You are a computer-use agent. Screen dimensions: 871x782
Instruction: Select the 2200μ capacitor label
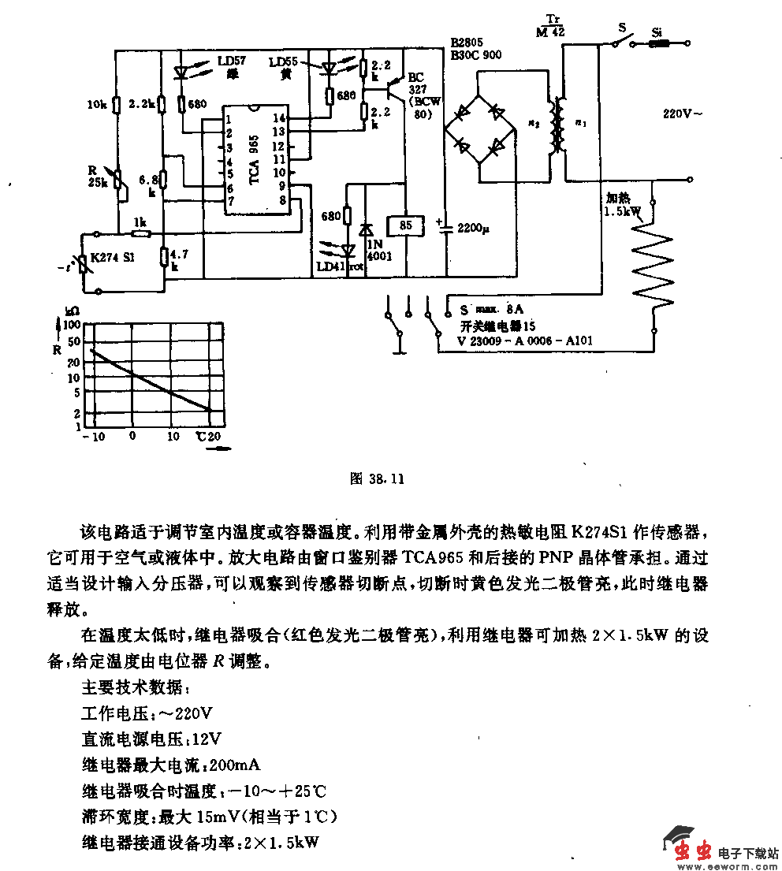pyautogui.click(x=473, y=229)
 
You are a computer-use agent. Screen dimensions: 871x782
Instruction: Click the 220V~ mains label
pyautogui.click(x=682, y=114)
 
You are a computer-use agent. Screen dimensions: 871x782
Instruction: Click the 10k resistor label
pyautogui.click(x=96, y=103)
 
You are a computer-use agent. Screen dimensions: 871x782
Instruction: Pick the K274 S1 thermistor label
pyautogui.click(x=112, y=257)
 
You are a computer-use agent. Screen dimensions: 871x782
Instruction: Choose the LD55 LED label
pyautogui.click(x=284, y=61)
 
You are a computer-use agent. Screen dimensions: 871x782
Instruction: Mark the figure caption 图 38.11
pyautogui.click(x=377, y=478)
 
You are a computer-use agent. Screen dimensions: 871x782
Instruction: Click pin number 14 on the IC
pyautogui.click(x=278, y=117)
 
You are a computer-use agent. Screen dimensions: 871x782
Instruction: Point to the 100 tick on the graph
pyautogui.click(x=72, y=324)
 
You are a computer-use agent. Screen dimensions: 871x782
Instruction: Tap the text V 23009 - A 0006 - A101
pyautogui.click(x=526, y=341)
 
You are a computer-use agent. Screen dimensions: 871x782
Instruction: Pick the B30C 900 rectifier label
pyautogui.click(x=476, y=54)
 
